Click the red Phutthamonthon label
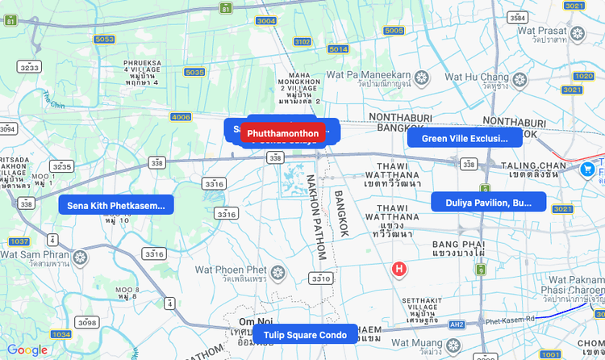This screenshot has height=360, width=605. (x=282, y=133)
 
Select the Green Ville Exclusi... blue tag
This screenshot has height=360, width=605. (x=464, y=138)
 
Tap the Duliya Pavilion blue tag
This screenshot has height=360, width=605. (x=488, y=203)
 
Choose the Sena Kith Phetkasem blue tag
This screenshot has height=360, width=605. (x=117, y=206)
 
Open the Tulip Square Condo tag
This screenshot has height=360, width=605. (x=305, y=335)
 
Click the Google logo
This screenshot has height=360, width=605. (x=27, y=350)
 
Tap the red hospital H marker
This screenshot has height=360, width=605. (x=398, y=269)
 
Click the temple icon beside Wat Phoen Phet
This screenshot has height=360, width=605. (x=278, y=271)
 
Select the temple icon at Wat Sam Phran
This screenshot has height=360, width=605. (x=79, y=258)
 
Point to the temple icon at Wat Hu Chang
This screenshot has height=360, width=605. (x=519, y=79)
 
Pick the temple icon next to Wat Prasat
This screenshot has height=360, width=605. (x=578, y=34)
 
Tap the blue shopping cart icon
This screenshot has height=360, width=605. (x=588, y=170)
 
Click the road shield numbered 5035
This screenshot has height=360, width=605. (x=194, y=73)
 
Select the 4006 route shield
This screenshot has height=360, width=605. (x=181, y=117)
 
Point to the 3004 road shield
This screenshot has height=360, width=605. (x=265, y=21)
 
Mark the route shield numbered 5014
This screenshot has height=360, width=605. (x=339, y=49)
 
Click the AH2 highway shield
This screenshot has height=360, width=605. (x=457, y=324)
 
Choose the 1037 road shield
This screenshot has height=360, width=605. (x=19, y=241)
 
